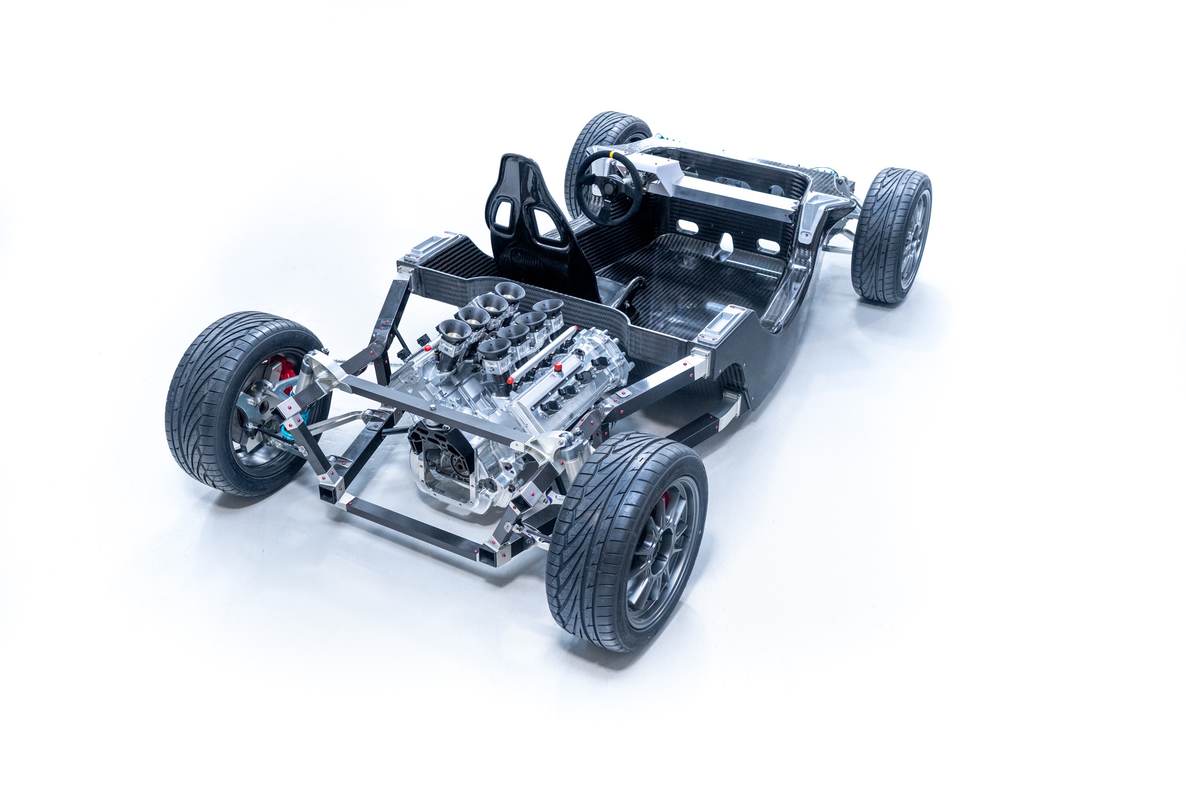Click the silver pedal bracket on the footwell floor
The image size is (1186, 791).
pos(726,244)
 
